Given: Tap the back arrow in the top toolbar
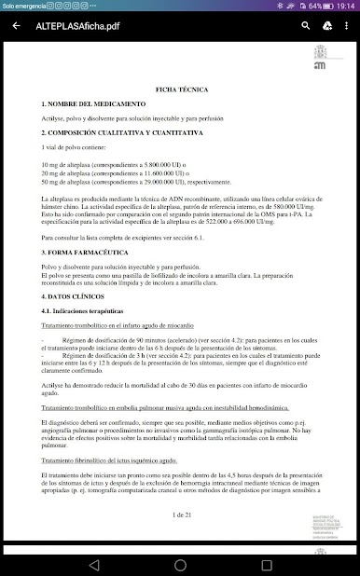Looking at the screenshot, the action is pos(16,25).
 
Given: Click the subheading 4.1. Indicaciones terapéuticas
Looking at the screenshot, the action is pos(89,309).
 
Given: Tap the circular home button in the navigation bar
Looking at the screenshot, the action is pos(180,565).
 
